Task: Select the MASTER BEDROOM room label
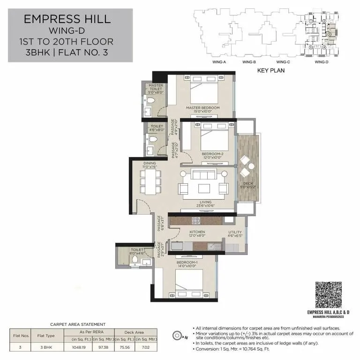click(x=202, y=108)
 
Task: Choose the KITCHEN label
click(x=197, y=232)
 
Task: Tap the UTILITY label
click(x=235, y=232)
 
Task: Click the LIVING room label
click(x=206, y=202)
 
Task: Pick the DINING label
click(x=150, y=164)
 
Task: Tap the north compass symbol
click(x=178, y=335)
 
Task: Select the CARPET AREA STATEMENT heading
click(x=78, y=324)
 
